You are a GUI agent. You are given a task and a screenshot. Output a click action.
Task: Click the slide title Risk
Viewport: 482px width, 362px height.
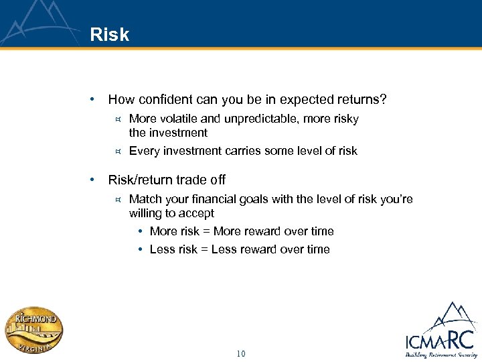pyautogui.click(x=110, y=35)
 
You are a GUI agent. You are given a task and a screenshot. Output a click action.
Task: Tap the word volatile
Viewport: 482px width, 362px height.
pyautogui.click(x=178, y=119)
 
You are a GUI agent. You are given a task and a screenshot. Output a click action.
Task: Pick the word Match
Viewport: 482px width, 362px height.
pyautogui.click(x=145, y=199)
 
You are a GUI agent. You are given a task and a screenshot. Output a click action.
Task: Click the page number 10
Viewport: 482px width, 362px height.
pyautogui.click(x=241, y=353)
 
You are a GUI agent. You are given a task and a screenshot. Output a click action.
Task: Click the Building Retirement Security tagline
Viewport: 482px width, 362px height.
pyautogui.click(x=439, y=354)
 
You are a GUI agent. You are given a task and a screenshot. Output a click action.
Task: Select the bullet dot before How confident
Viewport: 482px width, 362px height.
pyautogui.click(x=92, y=100)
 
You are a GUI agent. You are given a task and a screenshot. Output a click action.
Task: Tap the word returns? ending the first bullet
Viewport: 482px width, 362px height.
pyautogui.click(x=364, y=100)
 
